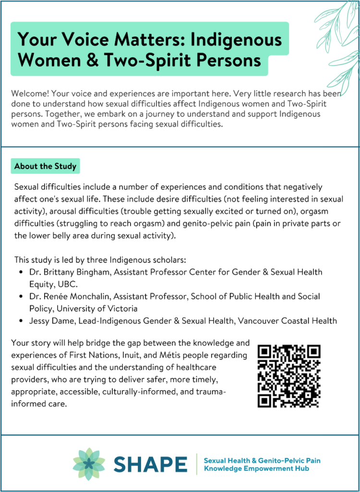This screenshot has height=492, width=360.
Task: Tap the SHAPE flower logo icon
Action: click(x=89, y=464)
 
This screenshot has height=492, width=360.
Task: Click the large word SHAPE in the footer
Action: click(x=150, y=464)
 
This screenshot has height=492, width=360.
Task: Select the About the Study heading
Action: click(x=45, y=166)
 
